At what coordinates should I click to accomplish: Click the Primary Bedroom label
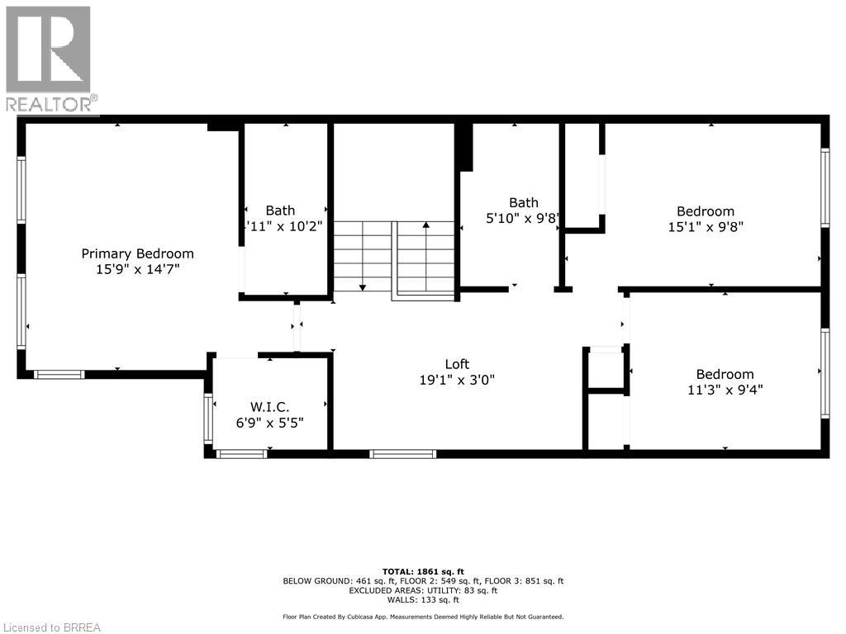tap(137, 253)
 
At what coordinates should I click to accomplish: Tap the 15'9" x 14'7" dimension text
tap(137, 269)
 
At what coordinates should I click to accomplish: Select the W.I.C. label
tap(269, 406)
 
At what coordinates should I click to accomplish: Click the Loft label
tap(457, 364)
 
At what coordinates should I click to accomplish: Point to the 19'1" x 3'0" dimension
tap(457, 380)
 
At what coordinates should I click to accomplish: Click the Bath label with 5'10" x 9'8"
tap(523, 202)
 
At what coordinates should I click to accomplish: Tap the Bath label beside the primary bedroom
tap(280, 211)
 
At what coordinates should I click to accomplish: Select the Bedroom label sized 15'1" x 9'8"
tap(705, 211)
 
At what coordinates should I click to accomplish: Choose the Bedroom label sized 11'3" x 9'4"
tap(725, 374)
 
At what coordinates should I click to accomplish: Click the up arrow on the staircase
tap(426, 225)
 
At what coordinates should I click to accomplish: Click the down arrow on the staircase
tap(362, 286)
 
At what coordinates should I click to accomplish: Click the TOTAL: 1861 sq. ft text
tap(423, 571)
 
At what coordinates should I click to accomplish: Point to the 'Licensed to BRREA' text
tap(51, 627)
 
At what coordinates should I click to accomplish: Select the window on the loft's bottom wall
tap(402, 453)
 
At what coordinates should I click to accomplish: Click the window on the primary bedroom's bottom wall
tap(59, 375)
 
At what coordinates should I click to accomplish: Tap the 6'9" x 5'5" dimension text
tap(269, 422)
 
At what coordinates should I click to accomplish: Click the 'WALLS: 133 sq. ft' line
tap(423, 599)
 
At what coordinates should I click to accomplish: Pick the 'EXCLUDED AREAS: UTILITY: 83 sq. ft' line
tap(423, 590)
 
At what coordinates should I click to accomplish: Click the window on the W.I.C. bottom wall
tap(241, 453)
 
